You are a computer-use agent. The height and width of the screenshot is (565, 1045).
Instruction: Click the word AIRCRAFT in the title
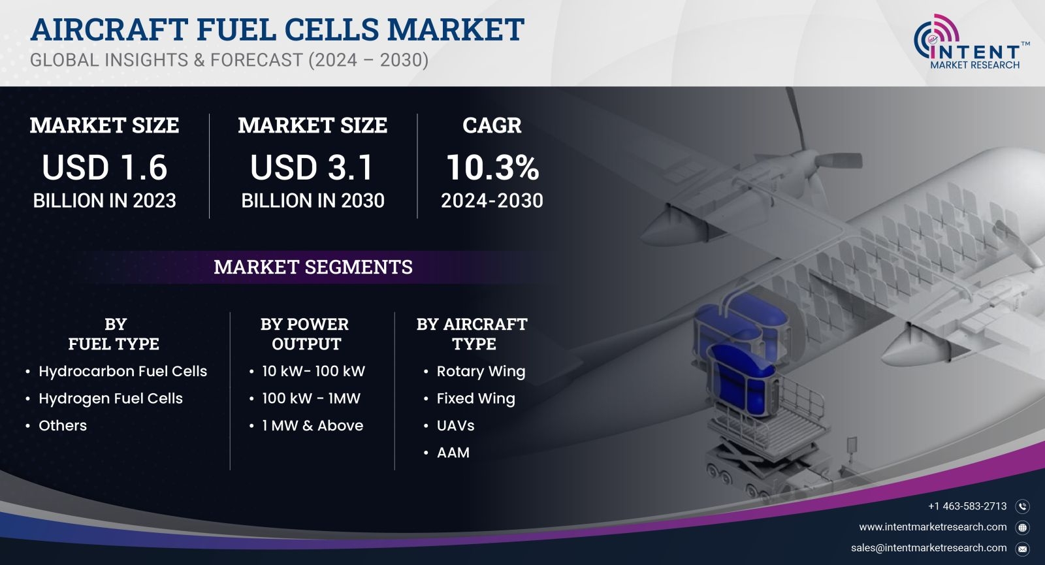[109, 29]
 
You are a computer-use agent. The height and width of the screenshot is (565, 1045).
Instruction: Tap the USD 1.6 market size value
[104, 167]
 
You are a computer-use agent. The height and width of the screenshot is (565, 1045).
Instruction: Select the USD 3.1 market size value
[312, 167]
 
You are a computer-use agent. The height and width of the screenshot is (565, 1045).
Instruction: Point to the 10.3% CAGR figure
[492, 167]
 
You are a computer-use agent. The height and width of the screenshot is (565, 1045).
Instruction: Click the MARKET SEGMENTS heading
[313, 267]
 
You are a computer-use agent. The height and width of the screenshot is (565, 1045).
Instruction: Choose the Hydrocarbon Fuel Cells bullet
[123, 372]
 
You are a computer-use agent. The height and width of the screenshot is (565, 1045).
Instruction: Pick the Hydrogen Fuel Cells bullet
[110, 398]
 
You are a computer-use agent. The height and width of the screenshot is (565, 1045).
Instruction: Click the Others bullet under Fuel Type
[63, 425]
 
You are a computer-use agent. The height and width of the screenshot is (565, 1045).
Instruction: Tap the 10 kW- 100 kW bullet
[313, 372]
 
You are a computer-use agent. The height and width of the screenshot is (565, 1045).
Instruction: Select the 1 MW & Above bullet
[313, 425]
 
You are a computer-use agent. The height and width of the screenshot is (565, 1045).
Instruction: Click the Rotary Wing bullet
[481, 372]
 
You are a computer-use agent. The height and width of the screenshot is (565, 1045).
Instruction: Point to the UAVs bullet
[455, 425]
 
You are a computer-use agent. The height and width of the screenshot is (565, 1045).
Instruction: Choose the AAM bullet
[453, 453]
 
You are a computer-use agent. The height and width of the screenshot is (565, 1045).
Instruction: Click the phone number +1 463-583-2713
[967, 506]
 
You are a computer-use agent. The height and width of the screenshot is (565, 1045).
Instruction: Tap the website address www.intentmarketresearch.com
[933, 526]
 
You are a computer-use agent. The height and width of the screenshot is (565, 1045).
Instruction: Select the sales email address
[928, 548]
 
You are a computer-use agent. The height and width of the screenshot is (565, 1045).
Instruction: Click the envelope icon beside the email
[1022, 549]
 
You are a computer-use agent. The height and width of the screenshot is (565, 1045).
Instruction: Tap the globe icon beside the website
[1022, 528]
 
